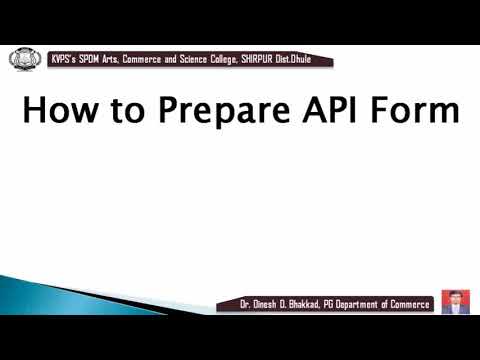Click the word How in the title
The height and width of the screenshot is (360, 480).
pos(57,110)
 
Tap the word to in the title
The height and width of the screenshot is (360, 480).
pos(125,110)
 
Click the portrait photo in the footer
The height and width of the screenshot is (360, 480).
pos(455,301)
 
